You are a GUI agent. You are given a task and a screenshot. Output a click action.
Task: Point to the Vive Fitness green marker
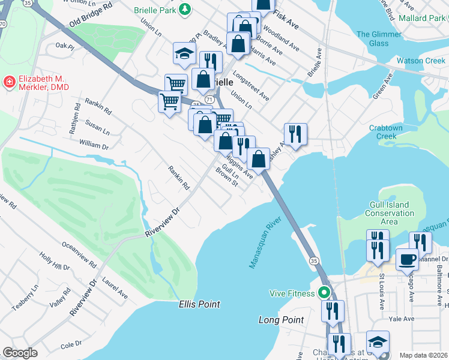(x=324, y=293)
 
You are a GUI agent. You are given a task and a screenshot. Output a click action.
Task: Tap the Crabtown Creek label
(x=383, y=132)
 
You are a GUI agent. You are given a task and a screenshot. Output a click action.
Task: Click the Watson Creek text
(x=420, y=61)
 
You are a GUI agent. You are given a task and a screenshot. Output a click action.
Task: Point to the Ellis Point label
(x=199, y=304)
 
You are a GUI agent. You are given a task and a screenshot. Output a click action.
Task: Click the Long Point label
(x=281, y=320)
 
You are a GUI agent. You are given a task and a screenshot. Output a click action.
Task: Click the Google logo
(x=20, y=353)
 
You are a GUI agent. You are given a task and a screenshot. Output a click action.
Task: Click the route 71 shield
(x=208, y=98)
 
